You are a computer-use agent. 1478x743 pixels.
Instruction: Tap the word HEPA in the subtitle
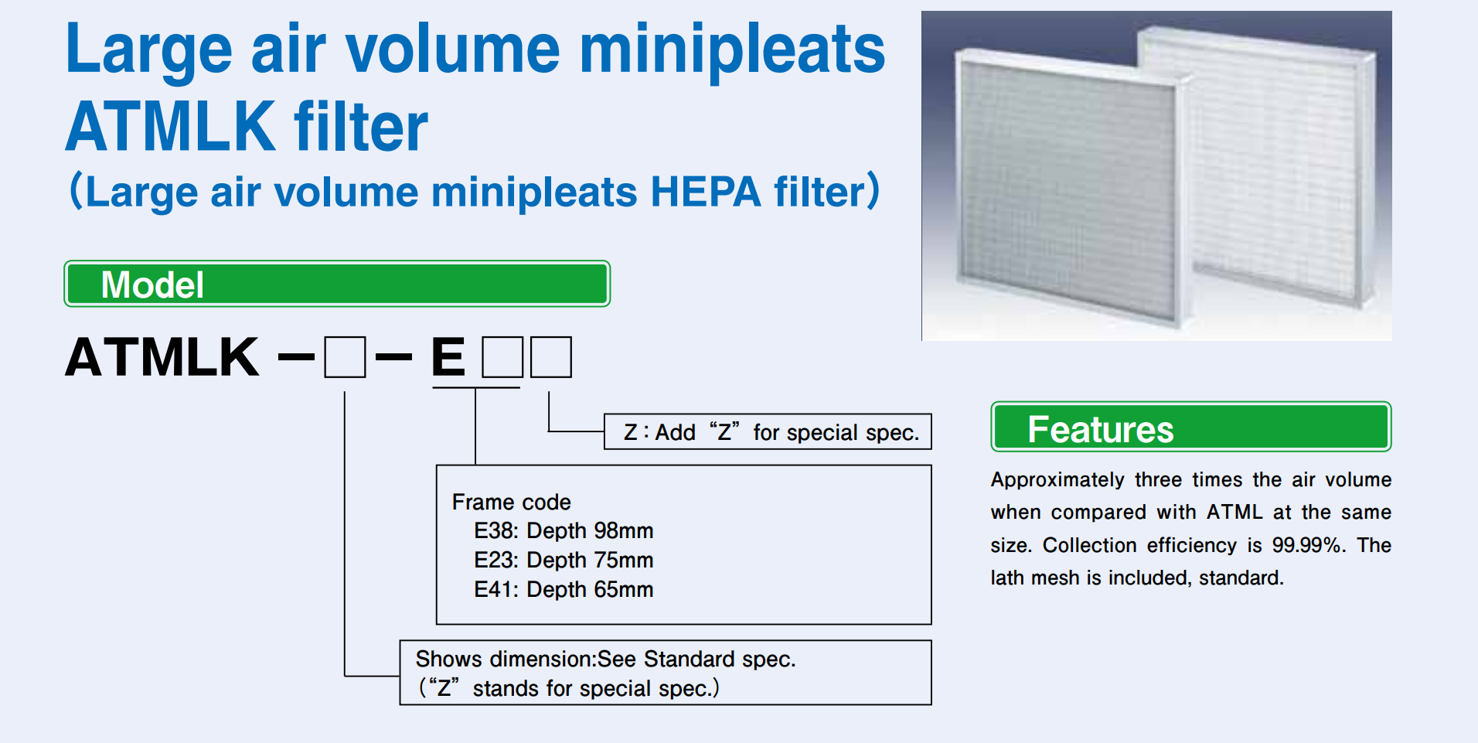click(705, 192)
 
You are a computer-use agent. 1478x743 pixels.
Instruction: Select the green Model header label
click(337, 284)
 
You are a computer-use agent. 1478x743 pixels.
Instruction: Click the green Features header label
click(1190, 427)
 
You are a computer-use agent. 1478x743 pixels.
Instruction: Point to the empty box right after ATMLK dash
click(345, 356)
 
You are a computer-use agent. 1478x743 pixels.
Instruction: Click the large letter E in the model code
click(448, 357)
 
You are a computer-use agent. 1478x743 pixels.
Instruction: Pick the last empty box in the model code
click(551, 356)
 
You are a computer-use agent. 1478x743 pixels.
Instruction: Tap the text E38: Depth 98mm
click(564, 530)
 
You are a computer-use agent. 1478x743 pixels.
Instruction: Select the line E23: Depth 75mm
click(564, 560)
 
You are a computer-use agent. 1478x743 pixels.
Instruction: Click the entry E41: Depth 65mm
click(564, 589)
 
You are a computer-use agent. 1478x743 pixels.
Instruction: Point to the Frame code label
click(511, 502)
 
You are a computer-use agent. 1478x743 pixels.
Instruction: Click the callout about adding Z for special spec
click(768, 431)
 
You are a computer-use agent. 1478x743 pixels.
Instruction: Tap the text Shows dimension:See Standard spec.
click(605, 659)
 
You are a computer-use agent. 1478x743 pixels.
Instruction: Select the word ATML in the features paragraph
click(1235, 512)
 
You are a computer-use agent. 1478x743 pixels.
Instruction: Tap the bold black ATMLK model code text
click(162, 357)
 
